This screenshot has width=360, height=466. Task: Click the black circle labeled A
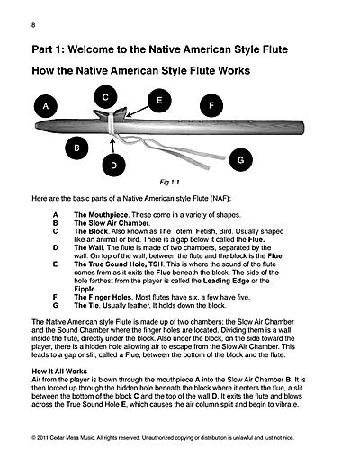46,106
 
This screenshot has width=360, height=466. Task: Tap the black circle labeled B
76,148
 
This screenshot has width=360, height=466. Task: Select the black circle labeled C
105,97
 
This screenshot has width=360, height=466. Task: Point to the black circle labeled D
113,166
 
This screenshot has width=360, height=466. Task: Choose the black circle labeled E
159,101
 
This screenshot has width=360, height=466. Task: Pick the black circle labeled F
211,105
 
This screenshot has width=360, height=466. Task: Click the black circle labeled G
241,160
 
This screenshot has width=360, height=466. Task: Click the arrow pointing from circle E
138,112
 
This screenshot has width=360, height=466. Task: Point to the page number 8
33,25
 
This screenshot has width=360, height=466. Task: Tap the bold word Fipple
85,290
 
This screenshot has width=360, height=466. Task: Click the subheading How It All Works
59,372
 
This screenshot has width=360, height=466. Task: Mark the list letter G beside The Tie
56,306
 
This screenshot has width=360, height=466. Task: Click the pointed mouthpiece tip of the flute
37,125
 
